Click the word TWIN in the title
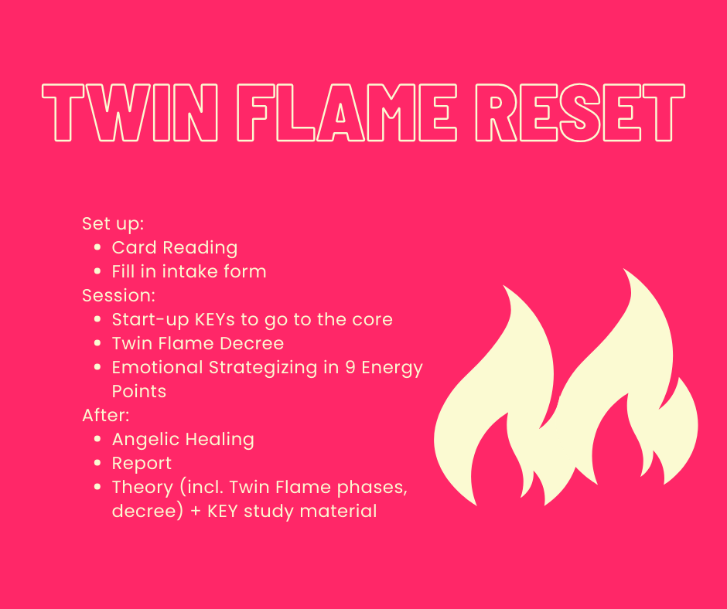tap(130, 112)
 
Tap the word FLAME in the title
tap(346, 112)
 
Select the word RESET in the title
tap(580, 112)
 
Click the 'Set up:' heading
tap(113, 224)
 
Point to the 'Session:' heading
tap(118, 295)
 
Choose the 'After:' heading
tap(106, 415)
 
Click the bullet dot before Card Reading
tap(97, 247)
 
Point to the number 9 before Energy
tap(350, 367)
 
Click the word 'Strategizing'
tap(263, 368)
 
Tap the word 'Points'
tap(139, 391)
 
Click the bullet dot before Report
tap(97, 463)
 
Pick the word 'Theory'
tap(142, 488)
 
